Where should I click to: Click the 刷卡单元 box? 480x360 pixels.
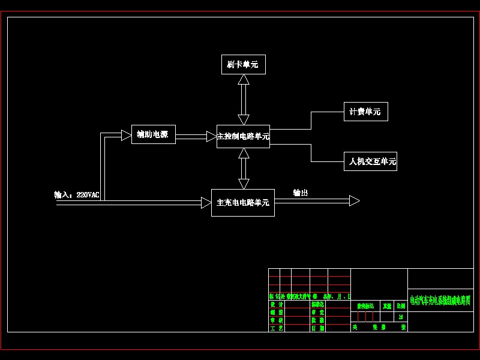pos(243,64)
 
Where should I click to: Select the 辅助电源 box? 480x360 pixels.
pos(153,134)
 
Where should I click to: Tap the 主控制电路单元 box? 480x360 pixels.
pos(243,136)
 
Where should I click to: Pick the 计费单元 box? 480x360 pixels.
pos(365,112)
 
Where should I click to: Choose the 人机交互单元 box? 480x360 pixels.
pos(370,161)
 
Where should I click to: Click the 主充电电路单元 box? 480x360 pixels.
pos(242,203)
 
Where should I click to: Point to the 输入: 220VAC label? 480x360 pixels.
pos(77,195)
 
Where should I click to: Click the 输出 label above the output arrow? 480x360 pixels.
pos(301,193)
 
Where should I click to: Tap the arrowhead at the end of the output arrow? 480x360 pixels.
pos(354,200)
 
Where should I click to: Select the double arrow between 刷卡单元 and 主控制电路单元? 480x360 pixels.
pos(243,99)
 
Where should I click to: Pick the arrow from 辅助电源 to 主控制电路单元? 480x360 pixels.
pos(196,136)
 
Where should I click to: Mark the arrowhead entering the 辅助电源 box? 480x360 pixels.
pos(127,135)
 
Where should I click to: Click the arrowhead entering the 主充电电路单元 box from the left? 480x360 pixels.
pos(206,203)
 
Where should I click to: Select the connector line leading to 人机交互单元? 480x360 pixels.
pos(311,154)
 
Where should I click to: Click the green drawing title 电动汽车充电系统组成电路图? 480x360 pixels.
pos(440,301)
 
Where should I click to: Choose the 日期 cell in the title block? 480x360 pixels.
pos(317,328)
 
